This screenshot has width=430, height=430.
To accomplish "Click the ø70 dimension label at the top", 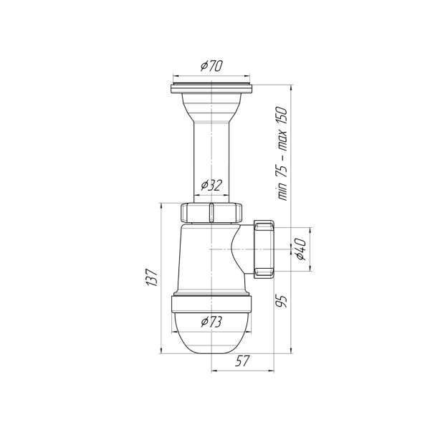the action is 211,66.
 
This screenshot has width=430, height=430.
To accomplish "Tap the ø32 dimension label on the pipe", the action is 211,185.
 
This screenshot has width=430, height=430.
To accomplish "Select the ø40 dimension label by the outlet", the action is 300,249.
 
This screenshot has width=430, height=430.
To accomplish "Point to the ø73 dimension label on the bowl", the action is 211,322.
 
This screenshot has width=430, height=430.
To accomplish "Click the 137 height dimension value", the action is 152,277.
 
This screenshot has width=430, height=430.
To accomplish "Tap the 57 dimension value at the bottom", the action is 243,361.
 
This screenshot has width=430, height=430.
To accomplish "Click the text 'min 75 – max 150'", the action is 282,153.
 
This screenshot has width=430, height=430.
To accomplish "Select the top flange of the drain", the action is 211,88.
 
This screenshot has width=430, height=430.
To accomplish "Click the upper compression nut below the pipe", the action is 211,213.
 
